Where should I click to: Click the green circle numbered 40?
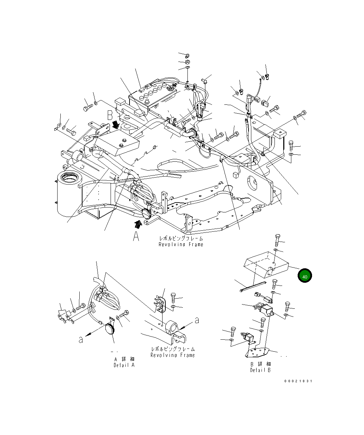coord(305,276)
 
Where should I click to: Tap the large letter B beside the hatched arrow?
coord(110,116)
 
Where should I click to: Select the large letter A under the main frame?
coord(136,237)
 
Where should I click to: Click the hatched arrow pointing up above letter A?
coord(139,224)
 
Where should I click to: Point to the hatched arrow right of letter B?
coord(116,124)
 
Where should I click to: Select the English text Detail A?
coord(124,365)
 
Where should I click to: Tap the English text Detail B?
coord(260,370)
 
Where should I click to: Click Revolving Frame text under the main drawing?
coord(181,244)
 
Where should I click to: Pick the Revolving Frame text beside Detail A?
coord(173,355)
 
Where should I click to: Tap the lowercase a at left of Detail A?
coord(81,340)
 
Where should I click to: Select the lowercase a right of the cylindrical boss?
coord(197,320)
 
